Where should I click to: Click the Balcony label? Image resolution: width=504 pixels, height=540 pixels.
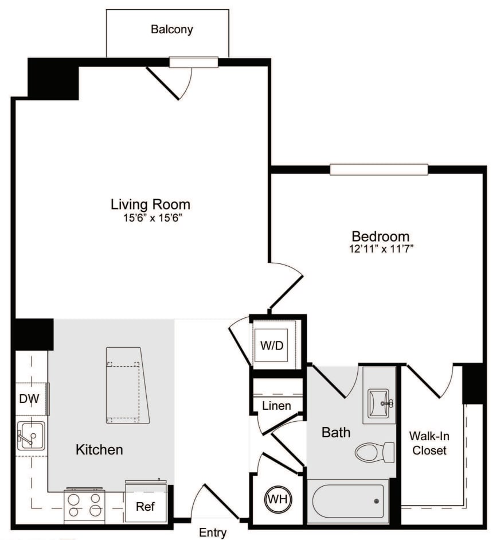[171, 29]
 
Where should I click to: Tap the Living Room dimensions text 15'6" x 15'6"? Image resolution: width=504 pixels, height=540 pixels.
[150, 218]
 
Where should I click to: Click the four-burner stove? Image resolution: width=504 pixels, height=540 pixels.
[84, 504]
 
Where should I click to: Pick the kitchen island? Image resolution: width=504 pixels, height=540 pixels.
[127, 384]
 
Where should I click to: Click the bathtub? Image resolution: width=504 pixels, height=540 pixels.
[348, 501]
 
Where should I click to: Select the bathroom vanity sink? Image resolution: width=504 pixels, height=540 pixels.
[379, 398]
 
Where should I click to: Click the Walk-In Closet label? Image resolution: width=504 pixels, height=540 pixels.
[429, 443]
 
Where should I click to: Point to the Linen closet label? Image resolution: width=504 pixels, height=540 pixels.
[276, 406]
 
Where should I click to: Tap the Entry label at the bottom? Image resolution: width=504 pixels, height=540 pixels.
[212, 533]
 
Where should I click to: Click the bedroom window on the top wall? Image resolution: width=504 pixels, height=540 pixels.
[378, 169]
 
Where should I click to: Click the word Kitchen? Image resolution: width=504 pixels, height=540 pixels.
[99, 449]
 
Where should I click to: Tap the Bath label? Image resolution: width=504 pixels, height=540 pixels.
[335, 432]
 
